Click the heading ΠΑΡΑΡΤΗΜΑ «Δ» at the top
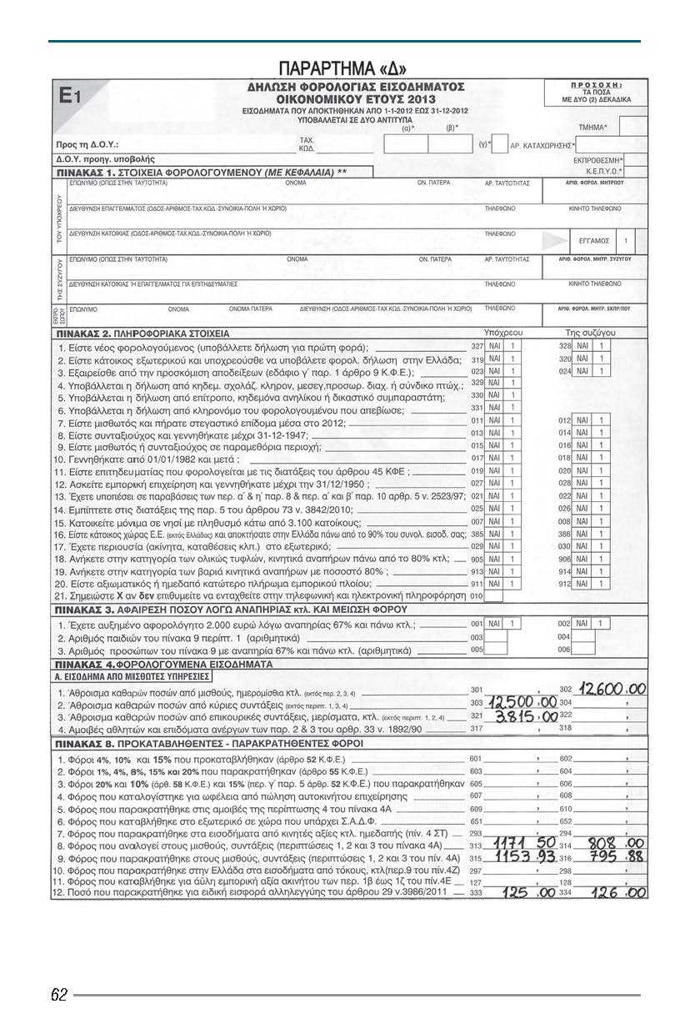[344, 68]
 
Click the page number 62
[59, 995]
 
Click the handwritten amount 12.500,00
[522, 703]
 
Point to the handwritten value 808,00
[617, 845]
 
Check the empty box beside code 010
[493, 596]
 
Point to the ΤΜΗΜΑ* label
[592, 127]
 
